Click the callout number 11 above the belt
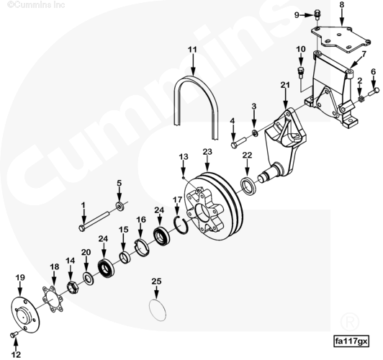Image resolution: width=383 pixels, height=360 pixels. click(192, 50)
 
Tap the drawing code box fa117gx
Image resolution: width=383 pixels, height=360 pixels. click(351, 341)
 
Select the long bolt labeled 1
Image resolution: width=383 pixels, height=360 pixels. click(94, 220)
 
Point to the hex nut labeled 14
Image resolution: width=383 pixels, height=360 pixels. click(73, 287)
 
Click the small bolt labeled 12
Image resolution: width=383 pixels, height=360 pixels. click(14, 334)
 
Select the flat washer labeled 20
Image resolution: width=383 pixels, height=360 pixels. click(88, 278)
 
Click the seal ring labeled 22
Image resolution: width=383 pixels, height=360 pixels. click(248, 183)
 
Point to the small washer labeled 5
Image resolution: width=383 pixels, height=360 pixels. click(120, 207)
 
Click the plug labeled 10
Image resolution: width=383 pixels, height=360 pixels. click(300, 71)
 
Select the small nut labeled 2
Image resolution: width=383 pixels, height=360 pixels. click(360, 99)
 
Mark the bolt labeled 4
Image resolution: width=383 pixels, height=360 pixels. click(238, 143)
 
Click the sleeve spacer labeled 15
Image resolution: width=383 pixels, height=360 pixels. click(125, 258)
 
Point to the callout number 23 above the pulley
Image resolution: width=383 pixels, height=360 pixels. click(207, 152)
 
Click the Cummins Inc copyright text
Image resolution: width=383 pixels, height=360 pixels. click(36, 4)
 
